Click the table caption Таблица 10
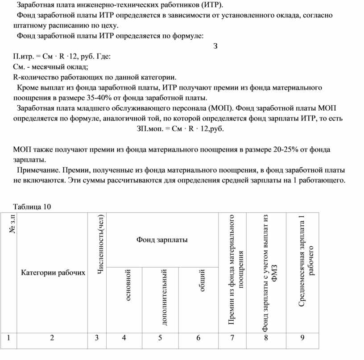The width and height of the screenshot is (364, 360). pos(33,207)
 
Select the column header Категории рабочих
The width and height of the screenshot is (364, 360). pos(53,273)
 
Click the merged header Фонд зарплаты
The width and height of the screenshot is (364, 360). pos(162,240)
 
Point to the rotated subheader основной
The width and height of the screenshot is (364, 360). pos(128,285)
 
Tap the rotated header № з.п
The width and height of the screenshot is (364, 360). pos(12,224)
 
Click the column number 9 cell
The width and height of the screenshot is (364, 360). pos(302,338)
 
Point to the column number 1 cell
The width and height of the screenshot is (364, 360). pos(8,338)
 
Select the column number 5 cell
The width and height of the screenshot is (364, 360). pos(160,338)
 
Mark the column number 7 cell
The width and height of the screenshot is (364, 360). pos(232,338)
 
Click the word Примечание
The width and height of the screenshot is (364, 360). pos(38,170)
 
